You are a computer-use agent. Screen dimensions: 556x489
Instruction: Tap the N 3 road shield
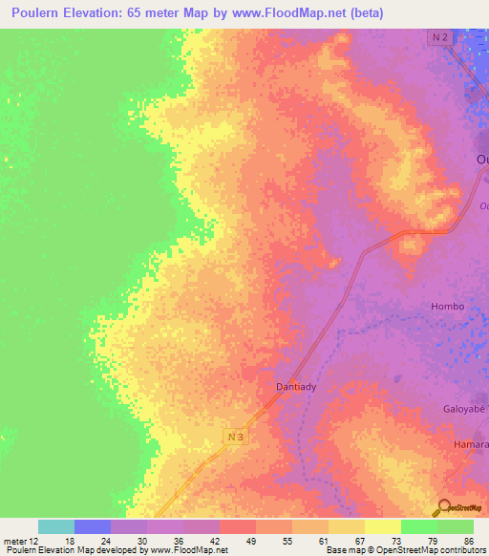[239, 437]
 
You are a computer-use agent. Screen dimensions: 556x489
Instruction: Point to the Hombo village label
[447, 306]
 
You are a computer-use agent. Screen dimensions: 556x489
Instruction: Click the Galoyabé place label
[463, 408]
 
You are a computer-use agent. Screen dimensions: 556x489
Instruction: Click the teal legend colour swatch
[56, 526]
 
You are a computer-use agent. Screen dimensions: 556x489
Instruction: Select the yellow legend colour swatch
[383, 526]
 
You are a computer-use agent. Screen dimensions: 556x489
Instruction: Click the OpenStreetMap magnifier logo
[441, 507]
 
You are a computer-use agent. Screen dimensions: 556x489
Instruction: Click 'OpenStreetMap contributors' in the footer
[440, 550]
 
